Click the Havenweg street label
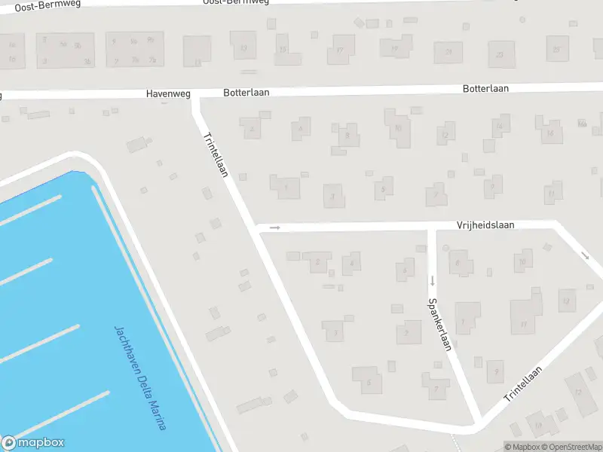[x=168, y=94]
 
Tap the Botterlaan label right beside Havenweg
[x=246, y=93]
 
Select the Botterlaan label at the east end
[x=485, y=89]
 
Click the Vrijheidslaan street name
[x=485, y=225]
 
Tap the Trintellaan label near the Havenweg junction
[x=216, y=154]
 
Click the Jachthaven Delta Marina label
[x=139, y=377]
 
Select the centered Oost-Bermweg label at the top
[x=236, y=2]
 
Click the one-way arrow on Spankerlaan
[x=433, y=281]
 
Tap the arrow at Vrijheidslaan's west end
[x=275, y=228]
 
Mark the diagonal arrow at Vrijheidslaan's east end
[x=586, y=255]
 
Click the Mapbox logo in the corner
[x=33, y=443]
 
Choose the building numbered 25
[x=557, y=50]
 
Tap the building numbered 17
[x=340, y=51]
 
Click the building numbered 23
[x=500, y=54]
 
